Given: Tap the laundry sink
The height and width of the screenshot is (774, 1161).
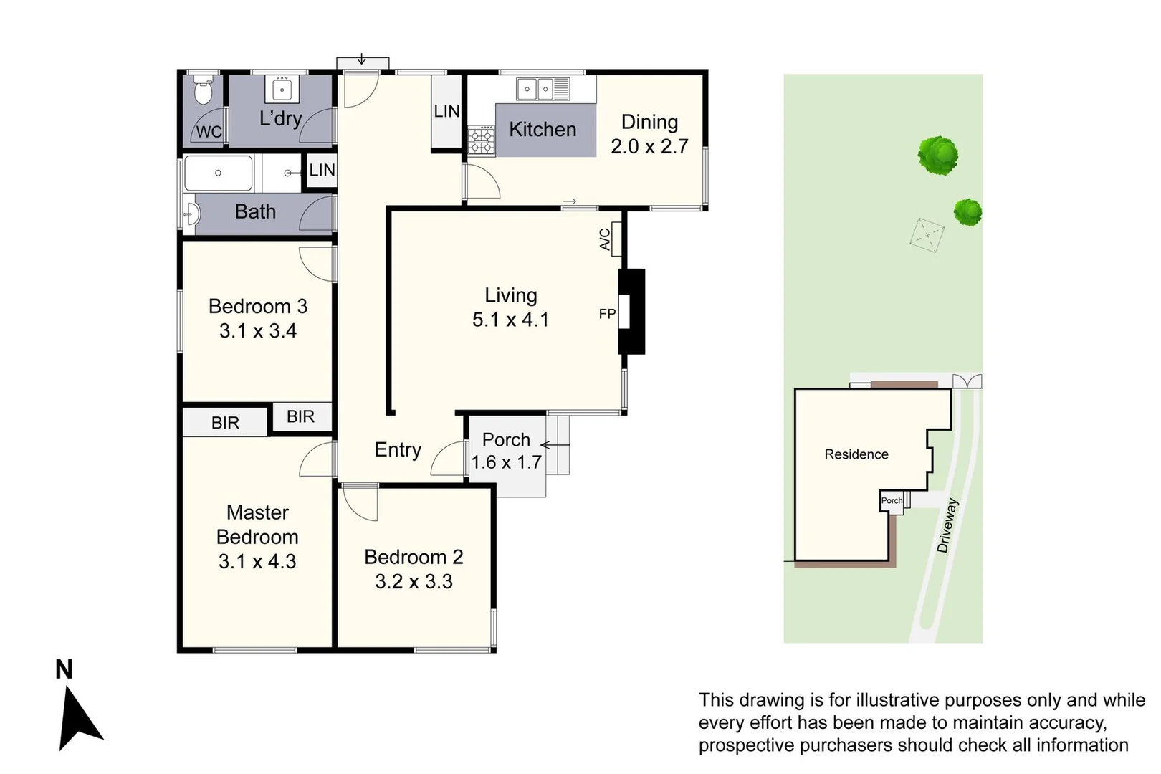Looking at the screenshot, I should (x=281, y=90).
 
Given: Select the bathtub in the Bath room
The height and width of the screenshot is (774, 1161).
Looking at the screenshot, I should (x=219, y=173).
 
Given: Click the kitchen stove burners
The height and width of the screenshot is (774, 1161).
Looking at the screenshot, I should (x=481, y=140).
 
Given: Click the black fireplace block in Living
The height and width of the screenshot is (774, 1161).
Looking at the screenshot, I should (x=631, y=311).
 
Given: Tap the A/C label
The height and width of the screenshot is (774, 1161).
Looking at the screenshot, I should (x=605, y=239).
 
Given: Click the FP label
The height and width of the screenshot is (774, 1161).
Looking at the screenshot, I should (x=607, y=314).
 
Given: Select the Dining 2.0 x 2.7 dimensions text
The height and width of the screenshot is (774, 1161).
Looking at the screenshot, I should (x=649, y=146).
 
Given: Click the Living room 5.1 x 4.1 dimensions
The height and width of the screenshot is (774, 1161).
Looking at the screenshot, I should (x=510, y=320).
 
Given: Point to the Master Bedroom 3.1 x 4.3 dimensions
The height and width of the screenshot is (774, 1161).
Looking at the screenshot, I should (x=257, y=561).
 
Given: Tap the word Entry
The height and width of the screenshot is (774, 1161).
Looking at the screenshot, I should (x=398, y=449).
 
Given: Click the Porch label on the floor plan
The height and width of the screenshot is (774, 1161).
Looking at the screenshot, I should (x=506, y=439).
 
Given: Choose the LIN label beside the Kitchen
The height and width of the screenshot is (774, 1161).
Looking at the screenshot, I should (x=446, y=111).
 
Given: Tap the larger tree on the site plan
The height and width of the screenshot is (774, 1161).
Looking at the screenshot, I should (x=937, y=155).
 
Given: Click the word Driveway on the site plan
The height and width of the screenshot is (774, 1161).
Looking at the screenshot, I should (x=947, y=525).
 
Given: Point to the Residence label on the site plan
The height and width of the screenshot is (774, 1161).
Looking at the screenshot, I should (x=856, y=454).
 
